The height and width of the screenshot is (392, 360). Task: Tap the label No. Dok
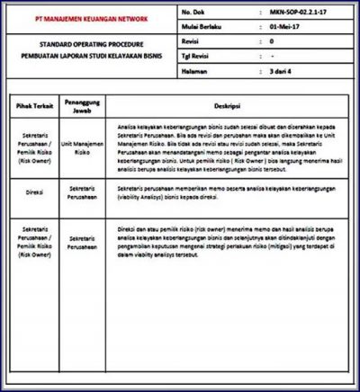[x=194, y=14]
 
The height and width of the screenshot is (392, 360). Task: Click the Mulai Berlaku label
[x=202, y=27]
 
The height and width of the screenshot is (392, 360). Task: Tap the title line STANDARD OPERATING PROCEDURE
[x=91, y=42]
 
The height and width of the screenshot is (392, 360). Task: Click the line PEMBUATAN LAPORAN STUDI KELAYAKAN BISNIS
[x=91, y=55]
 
